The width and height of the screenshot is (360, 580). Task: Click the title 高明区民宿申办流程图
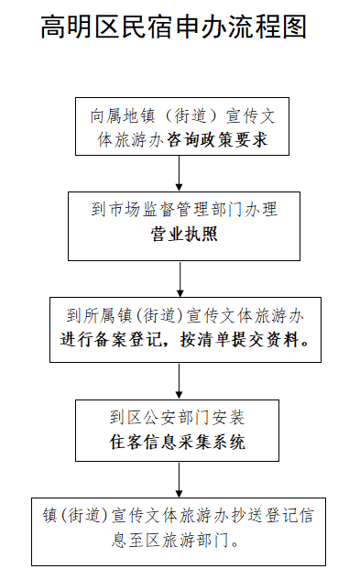(x=174, y=27)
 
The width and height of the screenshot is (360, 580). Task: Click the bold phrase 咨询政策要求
(x=217, y=140)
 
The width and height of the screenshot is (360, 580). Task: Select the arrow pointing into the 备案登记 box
(x=180, y=279)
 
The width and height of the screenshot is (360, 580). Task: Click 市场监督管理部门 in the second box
(x=180, y=209)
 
